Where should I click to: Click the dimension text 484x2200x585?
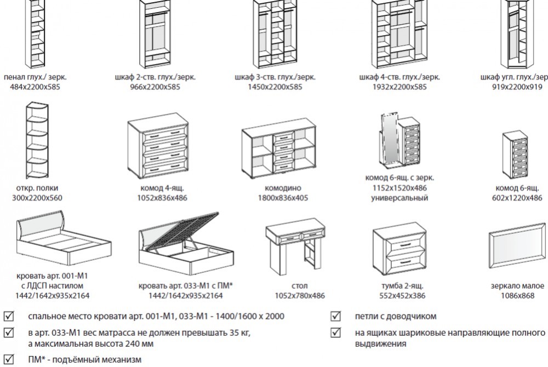tap(39, 87)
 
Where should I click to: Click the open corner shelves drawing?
tap(38, 139)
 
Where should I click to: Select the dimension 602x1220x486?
tap(518, 198)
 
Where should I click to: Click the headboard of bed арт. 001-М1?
tap(42, 225)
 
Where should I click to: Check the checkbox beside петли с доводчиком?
tap(335, 317)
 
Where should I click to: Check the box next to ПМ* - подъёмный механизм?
tap(9, 359)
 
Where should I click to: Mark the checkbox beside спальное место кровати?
tap(9, 317)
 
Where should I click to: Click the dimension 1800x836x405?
tap(280, 198)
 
